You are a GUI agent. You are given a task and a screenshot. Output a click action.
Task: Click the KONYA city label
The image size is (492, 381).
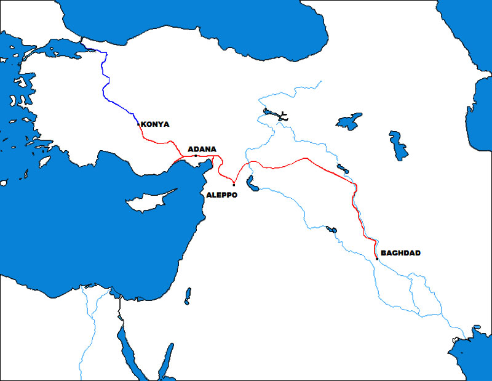click(x=155, y=124)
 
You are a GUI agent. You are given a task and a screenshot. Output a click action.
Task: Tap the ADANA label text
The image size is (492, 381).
click(x=201, y=148)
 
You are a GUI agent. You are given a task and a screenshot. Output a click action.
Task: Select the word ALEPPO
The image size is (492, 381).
click(x=222, y=194)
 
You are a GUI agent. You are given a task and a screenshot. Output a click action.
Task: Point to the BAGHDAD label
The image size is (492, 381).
click(x=400, y=253)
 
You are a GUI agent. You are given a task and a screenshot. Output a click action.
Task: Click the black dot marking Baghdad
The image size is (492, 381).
click(x=376, y=259)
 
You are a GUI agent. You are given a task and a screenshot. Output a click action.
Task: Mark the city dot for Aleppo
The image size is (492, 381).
click(x=234, y=185)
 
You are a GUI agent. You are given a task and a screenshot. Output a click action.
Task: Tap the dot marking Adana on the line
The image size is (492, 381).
click(x=196, y=156)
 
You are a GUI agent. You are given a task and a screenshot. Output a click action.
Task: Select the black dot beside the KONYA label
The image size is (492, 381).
click(x=138, y=124)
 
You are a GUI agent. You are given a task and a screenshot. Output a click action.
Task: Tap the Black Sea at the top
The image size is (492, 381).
click(x=184, y=25)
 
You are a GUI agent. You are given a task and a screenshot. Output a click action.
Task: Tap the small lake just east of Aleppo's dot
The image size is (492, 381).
click(x=251, y=182)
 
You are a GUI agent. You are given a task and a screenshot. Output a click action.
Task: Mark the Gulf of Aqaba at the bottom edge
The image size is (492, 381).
click(x=166, y=363)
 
